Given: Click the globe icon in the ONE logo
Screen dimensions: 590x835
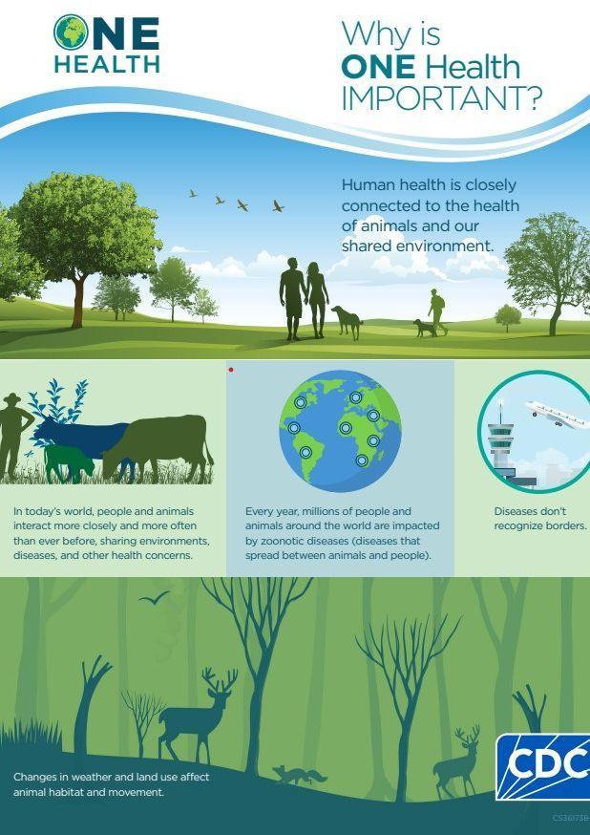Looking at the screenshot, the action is tap(71, 32).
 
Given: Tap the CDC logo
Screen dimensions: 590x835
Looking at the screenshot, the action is tap(543, 766).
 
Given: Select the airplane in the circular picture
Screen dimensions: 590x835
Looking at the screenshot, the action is tap(557, 415).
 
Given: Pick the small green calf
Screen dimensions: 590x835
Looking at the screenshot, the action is tap(68, 462).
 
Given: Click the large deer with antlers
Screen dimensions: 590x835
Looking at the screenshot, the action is tap(197, 714).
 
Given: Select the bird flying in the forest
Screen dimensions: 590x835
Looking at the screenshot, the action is tap(155, 599).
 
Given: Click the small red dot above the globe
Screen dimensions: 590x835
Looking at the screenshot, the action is tap(231, 369).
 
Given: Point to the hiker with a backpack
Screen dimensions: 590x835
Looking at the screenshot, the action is tap(437, 311).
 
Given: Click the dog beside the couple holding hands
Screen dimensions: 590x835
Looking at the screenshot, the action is tap(347, 322).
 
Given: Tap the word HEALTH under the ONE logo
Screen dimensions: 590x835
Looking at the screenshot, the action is tap(107, 64).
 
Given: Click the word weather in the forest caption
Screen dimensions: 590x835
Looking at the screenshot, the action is tap(72, 777).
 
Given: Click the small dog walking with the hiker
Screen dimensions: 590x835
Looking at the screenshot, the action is tap(425, 328).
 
